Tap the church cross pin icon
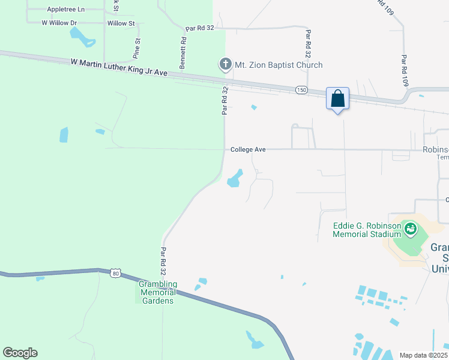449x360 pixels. (x=225, y=64)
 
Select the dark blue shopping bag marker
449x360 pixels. (x=337, y=98)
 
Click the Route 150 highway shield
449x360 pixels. (x=301, y=89)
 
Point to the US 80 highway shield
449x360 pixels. (x=115, y=274)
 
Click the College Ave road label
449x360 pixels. (x=248, y=149)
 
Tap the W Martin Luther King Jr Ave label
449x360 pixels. (x=118, y=66)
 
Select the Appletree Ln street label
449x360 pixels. (x=66, y=10)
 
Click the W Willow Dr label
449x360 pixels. (x=59, y=23)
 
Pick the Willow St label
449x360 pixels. (x=121, y=23)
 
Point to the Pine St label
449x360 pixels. (x=137, y=49)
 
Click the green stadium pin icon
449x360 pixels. (x=411, y=229)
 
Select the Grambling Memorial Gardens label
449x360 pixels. (x=158, y=292)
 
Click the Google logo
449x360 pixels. (x=20, y=353)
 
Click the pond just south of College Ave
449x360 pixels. (x=235, y=178)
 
